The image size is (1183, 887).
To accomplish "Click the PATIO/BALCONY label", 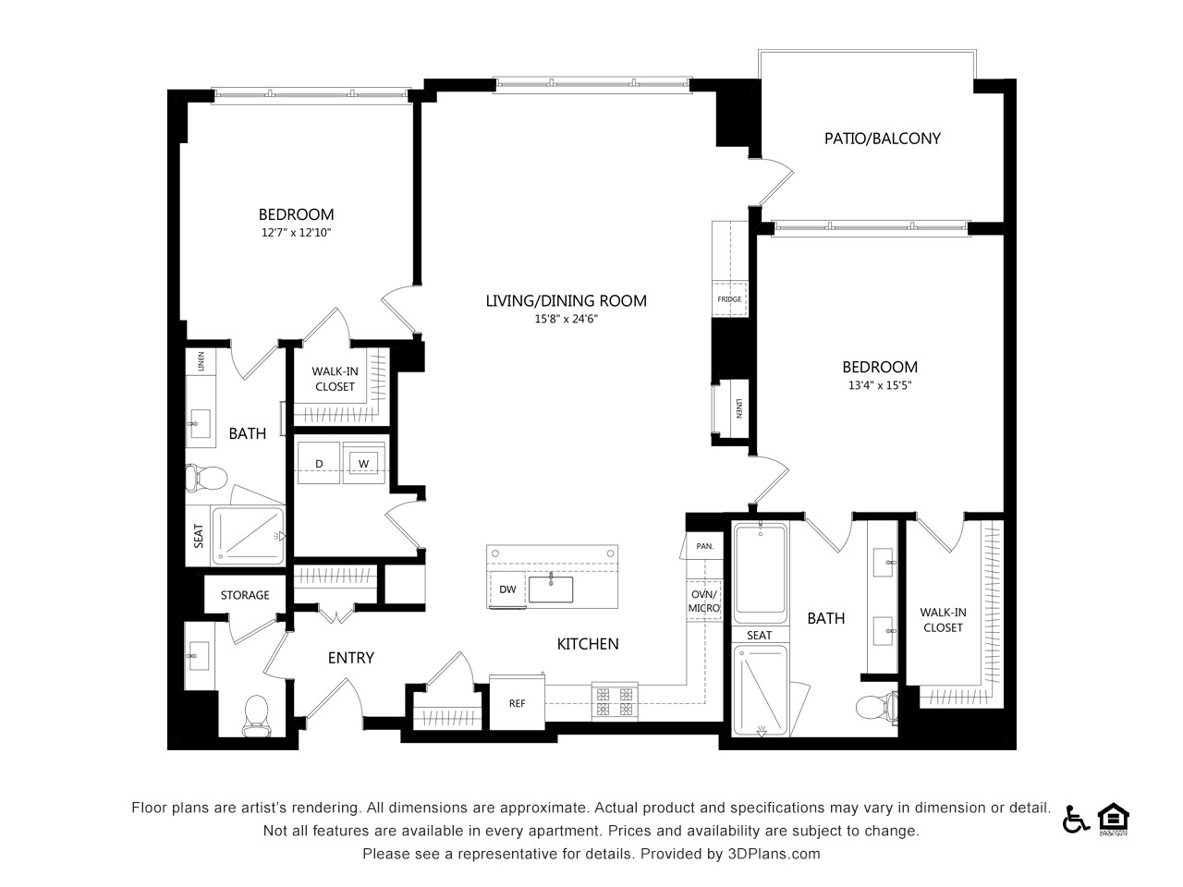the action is [882, 139].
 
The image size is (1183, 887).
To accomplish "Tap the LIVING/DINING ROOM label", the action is [566, 300].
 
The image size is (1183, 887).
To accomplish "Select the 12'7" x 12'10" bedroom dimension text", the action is [296, 233].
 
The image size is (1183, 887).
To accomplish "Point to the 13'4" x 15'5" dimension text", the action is [880, 385].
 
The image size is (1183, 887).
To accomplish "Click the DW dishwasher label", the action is [507, 589].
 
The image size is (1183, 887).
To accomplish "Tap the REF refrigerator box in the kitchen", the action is [517, 703].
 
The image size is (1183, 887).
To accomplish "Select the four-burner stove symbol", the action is [615, 701].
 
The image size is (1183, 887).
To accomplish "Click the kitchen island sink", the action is [551, 589].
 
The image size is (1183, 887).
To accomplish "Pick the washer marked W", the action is [364, 463].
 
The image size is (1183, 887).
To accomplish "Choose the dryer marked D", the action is [319, 463].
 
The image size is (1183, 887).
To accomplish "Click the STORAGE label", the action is [245, 595].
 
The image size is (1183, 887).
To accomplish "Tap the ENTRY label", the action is [351, 658].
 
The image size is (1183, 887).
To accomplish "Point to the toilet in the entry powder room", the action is [257, 715].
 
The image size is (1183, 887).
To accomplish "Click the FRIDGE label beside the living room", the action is [729, 298].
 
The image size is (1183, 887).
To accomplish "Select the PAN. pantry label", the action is [704, 546].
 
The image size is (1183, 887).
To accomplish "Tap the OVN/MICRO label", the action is [704, 601].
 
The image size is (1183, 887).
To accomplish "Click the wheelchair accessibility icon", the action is [1076, 820].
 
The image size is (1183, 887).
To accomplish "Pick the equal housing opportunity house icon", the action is [1114, 819].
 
